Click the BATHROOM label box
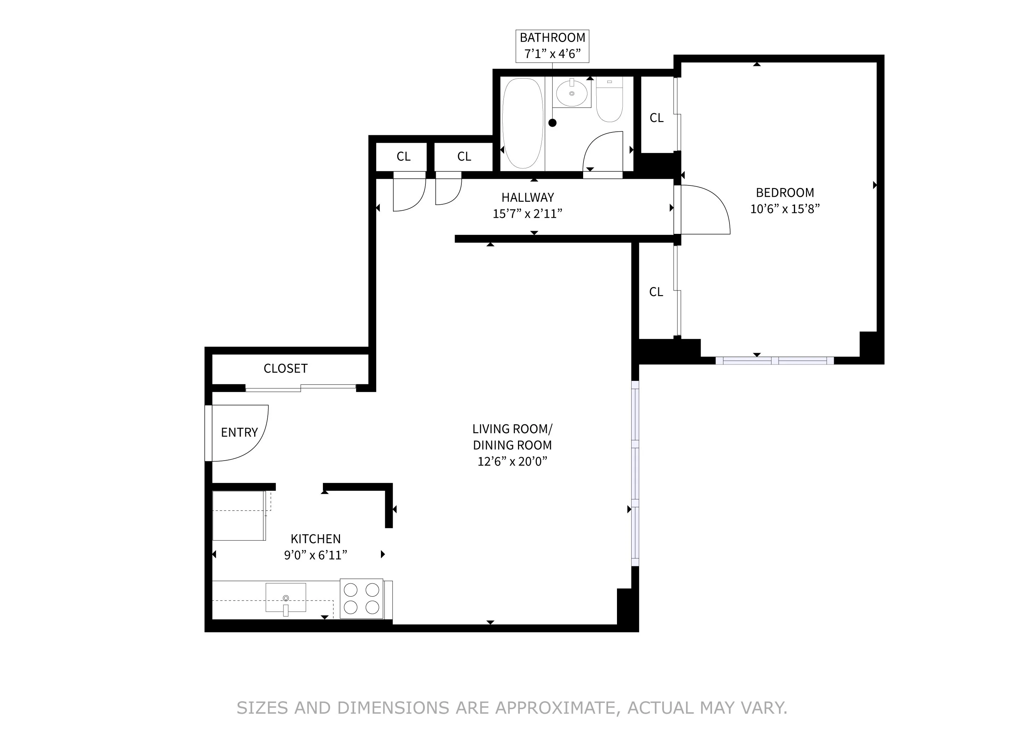pos(552,46)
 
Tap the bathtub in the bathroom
pos(522,124)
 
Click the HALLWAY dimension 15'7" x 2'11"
pos(527,214)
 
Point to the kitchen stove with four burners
pos(361,599)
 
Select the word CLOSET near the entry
pos(286,368)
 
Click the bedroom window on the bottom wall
pos(775,361)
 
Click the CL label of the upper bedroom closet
pos(656,117)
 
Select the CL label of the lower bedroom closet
pos(656,292)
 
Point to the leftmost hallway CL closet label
pos(403,156)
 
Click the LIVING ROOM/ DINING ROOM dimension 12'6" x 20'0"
pos(512,461)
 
